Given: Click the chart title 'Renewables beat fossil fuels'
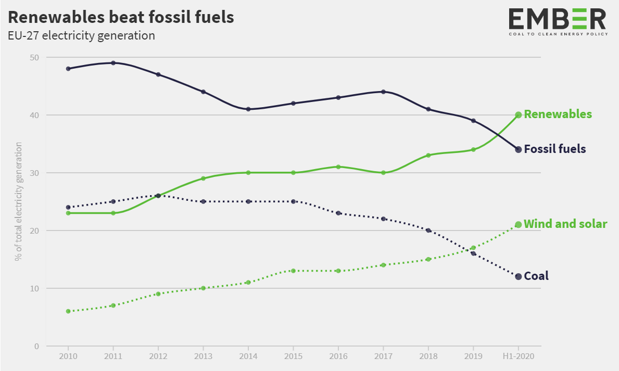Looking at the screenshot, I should tap(121, 17).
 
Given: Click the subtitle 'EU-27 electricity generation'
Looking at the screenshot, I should tap(81, 36).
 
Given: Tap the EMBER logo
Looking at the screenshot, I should tap(557, 21).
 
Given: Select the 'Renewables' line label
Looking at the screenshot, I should tap(558, 114).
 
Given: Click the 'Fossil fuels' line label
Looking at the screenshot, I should tap(554, 149).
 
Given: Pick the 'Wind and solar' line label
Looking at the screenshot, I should tap(565, 224).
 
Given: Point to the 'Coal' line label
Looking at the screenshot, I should tap(536, 276).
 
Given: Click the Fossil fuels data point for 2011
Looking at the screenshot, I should tap(113, 63).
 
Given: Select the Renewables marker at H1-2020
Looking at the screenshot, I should tap(518, 115).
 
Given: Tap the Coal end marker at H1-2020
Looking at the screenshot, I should tap(518, 277).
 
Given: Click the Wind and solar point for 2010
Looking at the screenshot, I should tap(68, 311).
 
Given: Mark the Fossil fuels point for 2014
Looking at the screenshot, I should tap(248, 109).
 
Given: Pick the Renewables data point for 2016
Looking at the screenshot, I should tap(338, 167).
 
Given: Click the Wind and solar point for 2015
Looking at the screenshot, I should tap(293, 271).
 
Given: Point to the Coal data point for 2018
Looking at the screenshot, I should tap(428, 230).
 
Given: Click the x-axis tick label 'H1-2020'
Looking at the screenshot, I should tap(518, 357).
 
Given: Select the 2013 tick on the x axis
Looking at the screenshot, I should tap(203, 357).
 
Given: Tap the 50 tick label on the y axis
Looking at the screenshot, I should tap(35, 57).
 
